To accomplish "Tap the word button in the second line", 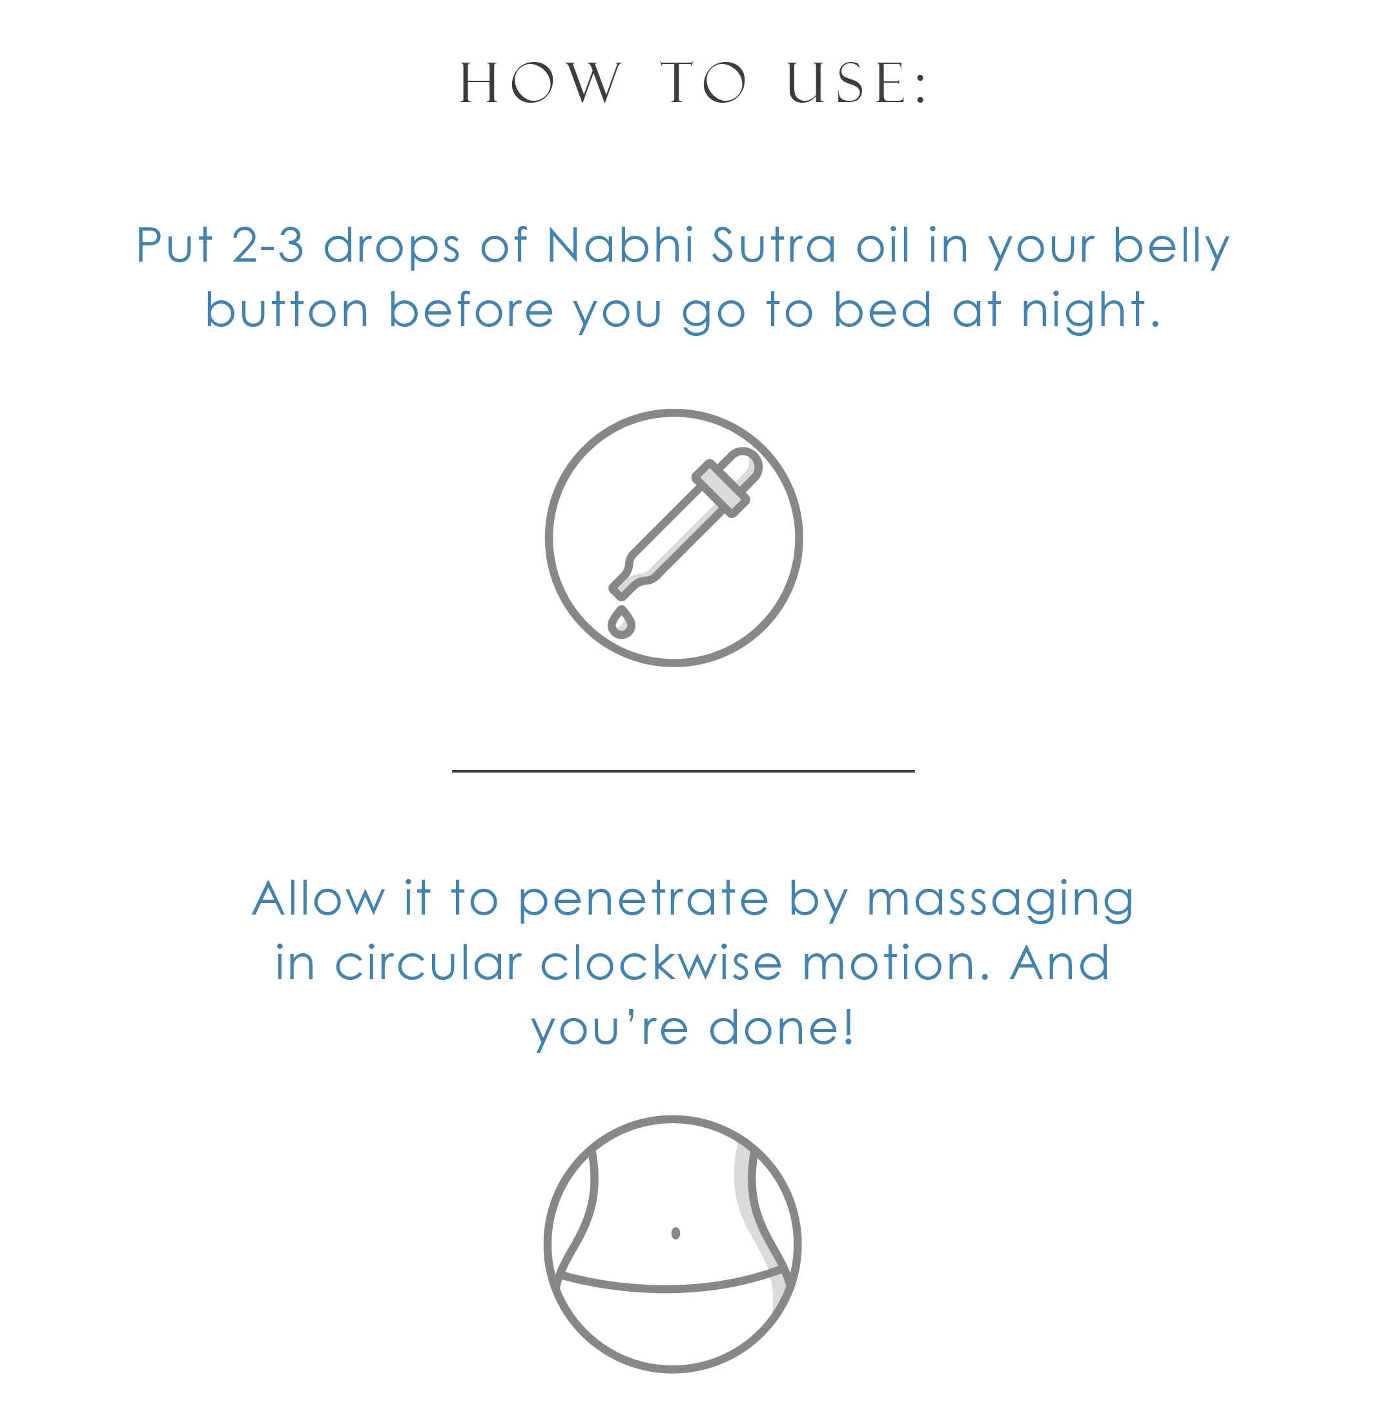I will click(x=287, y=310).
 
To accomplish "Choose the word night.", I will click(x=1089, y=310).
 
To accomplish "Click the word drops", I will click(x=391, y=246).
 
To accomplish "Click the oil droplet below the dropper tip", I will click(x=621, y=623).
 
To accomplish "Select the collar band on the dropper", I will click(x=720, y=488).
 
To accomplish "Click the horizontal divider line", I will click(x=683, y=771).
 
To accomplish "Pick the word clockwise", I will click(x=661, y=963).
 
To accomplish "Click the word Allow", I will click(x=318, y=898).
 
